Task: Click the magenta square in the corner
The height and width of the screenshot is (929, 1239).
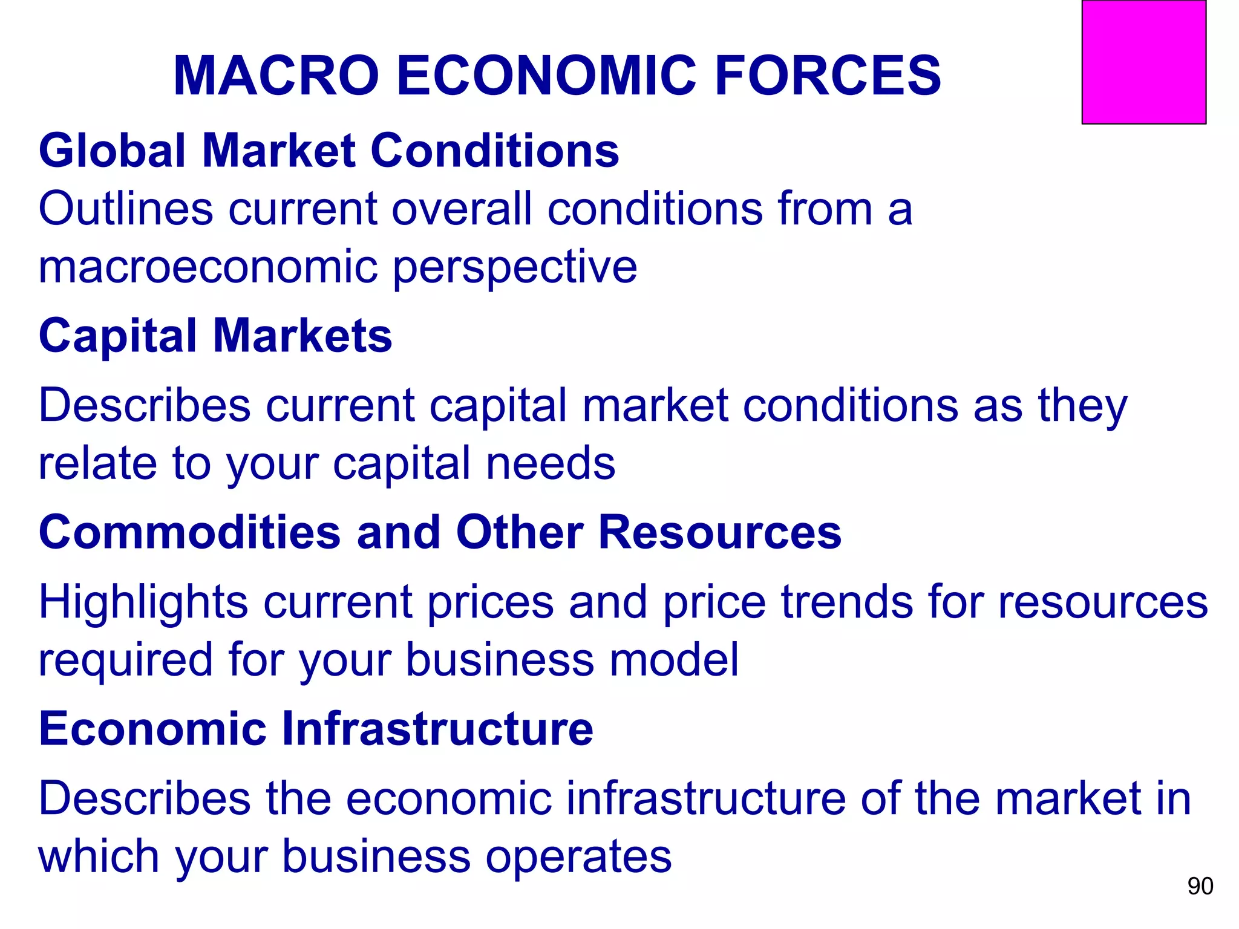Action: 1143,62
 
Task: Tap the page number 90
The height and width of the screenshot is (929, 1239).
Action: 1200,886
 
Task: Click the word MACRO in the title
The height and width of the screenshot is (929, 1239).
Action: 276,76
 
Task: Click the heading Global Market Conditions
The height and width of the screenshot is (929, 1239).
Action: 329,151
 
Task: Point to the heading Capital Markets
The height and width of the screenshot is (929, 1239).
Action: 215,336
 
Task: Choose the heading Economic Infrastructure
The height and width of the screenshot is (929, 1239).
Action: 316,729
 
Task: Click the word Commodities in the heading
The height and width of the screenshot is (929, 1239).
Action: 190,532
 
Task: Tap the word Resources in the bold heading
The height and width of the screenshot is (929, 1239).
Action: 720,532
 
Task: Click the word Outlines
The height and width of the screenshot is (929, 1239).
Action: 126,209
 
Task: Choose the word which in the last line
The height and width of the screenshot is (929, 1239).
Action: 98,856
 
